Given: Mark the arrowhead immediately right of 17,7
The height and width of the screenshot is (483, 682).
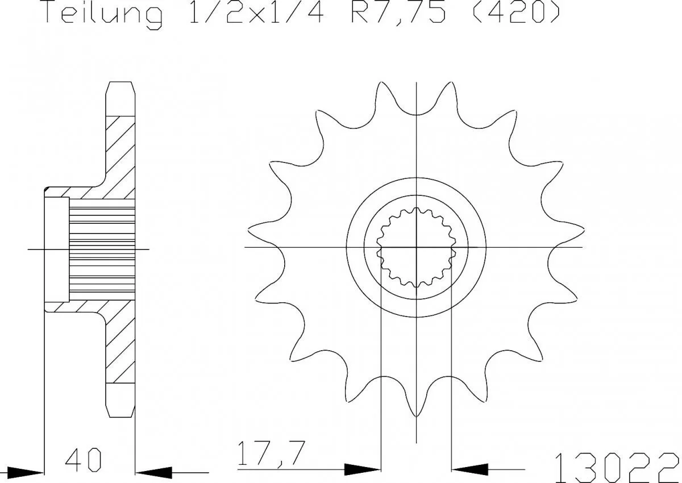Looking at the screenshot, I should [361, 469].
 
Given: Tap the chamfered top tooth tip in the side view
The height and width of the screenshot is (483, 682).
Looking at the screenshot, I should [122, 91].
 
